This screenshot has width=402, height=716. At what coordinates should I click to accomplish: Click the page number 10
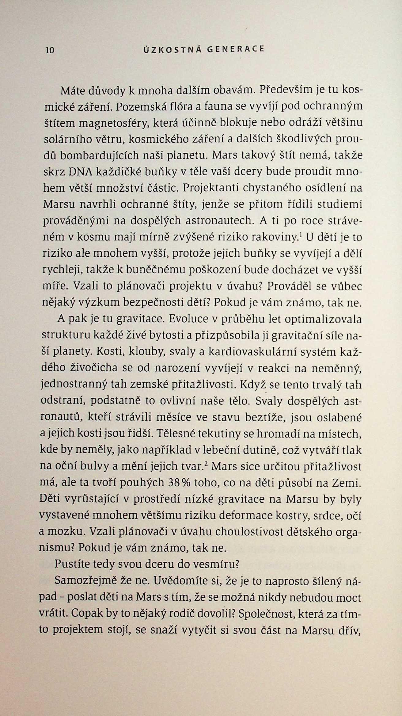pos(50,50)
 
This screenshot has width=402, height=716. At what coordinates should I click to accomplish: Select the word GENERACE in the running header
pos(235,49)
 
